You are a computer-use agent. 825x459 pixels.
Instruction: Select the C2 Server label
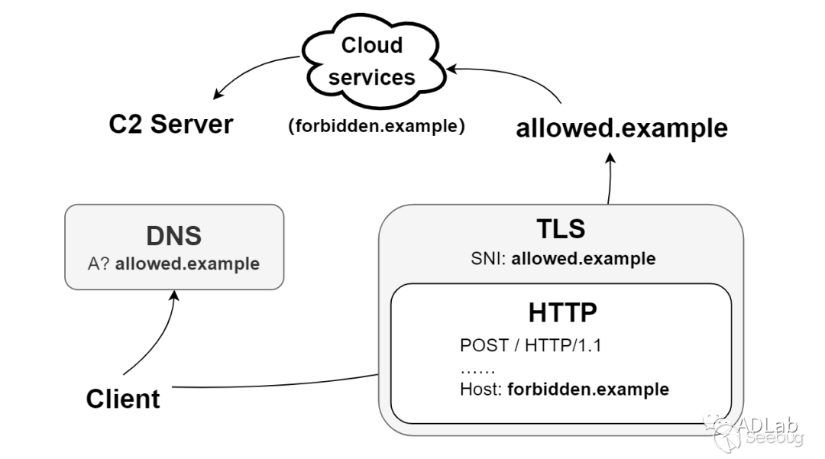[x=171, y=124]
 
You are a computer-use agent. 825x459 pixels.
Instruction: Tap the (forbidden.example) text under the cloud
[x=376, y=127]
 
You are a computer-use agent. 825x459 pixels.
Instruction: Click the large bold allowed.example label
[x=622, y=128]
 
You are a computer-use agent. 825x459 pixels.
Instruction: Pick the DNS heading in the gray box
[x=174, y=235]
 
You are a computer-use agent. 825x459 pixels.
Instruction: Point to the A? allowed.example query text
[x=174, y=264]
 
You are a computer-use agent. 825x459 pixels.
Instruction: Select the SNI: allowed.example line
[x=563, y=258]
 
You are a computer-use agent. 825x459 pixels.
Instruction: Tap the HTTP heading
[x=562, y=313]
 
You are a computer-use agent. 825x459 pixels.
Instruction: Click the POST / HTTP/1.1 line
[x=531, y=345]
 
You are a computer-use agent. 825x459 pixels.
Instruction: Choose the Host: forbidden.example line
[x=565, y=390]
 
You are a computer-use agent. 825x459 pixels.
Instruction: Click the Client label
[x=123, y=399]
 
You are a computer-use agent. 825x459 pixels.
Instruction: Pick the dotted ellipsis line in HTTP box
[x=477, y=368]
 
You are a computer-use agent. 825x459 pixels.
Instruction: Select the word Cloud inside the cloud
[x=372, y=46]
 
